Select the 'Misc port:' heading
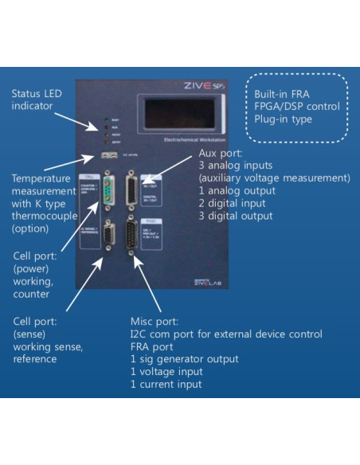(x=155, y=321)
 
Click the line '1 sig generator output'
(x=184, y=359)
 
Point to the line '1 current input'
(x=166, y=385)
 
